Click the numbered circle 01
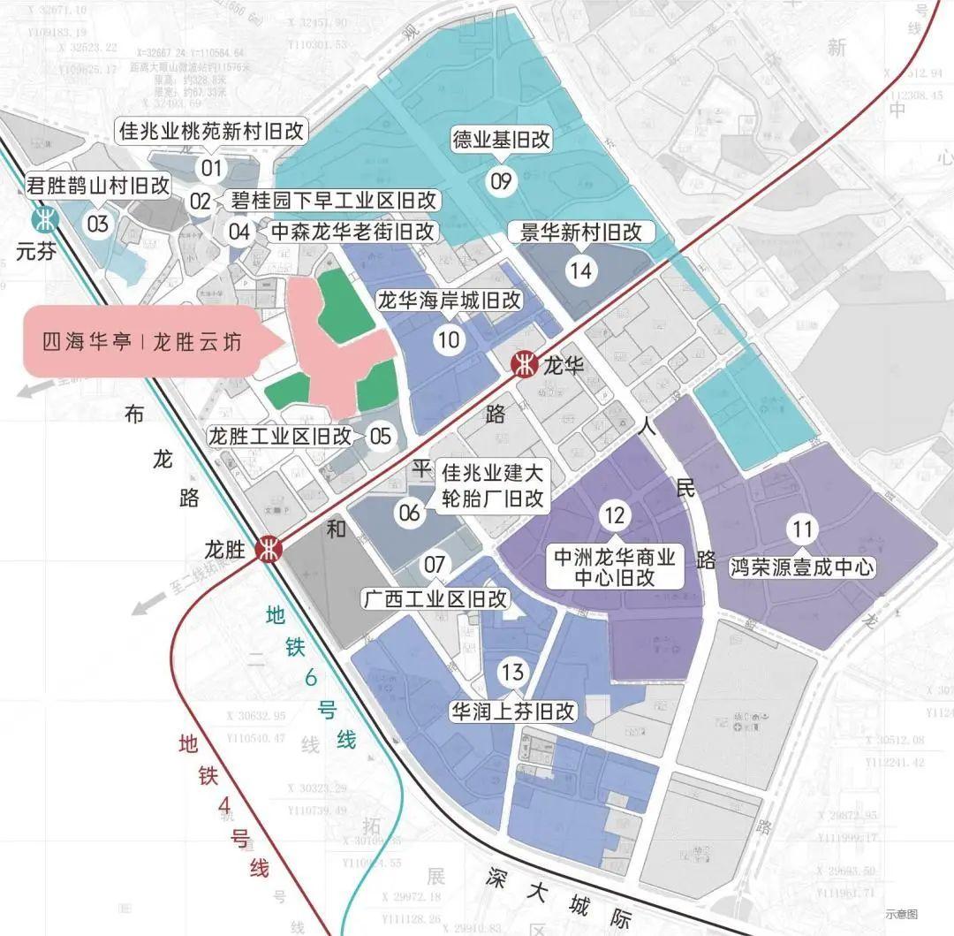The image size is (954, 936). click(212, 167)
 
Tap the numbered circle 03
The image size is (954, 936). click(98, 223)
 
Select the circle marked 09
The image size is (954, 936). click(501, 182)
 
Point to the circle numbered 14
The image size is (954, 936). click(582, 270)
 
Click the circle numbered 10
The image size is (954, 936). click(449, 339)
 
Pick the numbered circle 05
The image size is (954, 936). click(380, 436)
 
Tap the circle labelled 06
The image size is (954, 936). click(411, 513)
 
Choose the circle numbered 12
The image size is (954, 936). click(616, 514)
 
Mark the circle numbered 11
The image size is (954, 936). click(802, 530)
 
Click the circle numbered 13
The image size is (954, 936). click(512, 673)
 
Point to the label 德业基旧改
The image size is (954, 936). click(501, 141)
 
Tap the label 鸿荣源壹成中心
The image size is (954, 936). click(802, 566)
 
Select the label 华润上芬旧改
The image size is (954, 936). click(513, 712)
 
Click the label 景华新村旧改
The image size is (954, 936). click(582, 233)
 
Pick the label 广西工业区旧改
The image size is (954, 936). click(435, 598)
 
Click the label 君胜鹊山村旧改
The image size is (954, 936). click(98, 186)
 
